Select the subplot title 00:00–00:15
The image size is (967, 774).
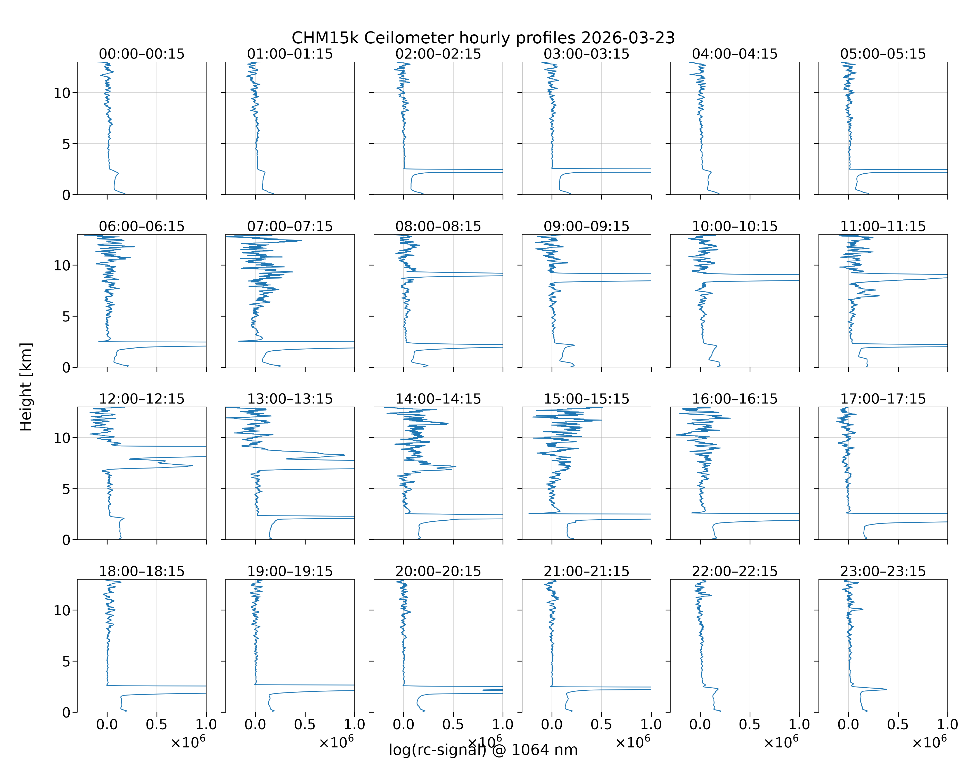point(142,54)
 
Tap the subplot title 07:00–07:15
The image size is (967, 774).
point(290,226)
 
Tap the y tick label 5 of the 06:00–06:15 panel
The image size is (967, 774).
point(66,316)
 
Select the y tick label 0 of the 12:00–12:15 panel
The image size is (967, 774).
point(66,540)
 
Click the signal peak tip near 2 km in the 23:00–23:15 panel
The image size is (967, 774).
point(887,689)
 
